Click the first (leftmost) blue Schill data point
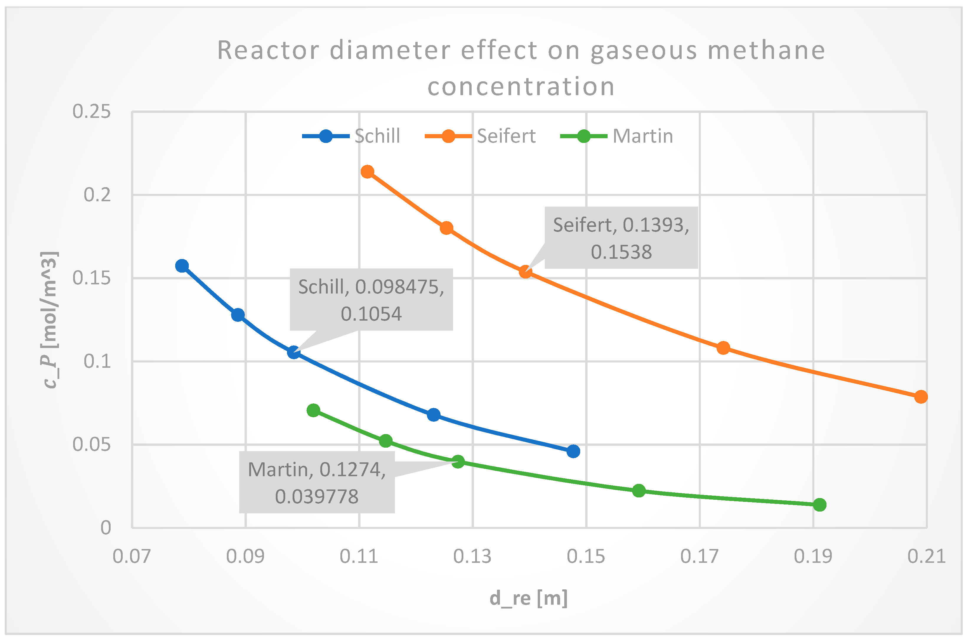[x=182, y=266]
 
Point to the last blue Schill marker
[x=573, y=451]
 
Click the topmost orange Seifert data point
[x=367, y=172]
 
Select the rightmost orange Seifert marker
[x=921, y=397]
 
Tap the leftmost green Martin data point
[x=314, y=410]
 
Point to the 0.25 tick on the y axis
[x=91, y=112]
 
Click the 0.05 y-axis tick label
[x=91, y=444]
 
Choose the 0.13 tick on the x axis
[x=472, y=556]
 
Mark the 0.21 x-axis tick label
[x=926, y=556]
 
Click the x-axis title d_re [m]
[x=529, y=598]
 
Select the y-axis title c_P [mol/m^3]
[x=50, y=320]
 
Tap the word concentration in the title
[x=521, y=87]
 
